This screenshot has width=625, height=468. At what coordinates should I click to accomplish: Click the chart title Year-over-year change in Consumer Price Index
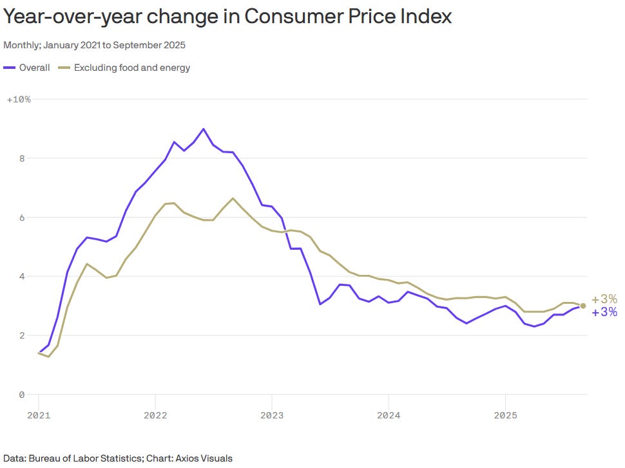click(227, 17)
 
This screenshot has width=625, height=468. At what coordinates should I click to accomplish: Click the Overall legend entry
click(27, 68)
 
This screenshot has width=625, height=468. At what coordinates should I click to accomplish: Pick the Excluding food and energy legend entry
click(124, 68)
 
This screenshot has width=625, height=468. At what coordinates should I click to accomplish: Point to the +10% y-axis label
click(19, 99)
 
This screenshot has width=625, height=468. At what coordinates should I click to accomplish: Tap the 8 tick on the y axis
click(21, 158)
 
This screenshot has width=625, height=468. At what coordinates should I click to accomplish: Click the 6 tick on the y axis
click(21, 218)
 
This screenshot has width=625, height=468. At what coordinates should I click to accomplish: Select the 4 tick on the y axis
click(21, 277)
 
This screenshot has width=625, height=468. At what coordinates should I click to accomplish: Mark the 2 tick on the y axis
click(21, 336)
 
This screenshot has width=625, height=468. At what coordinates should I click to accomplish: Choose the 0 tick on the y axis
click(21, 395)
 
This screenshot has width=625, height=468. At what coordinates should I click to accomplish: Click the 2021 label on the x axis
click(39, 415)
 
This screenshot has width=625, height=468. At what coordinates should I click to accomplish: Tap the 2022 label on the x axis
click(155, 415)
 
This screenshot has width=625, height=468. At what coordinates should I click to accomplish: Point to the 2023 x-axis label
click(272, 415)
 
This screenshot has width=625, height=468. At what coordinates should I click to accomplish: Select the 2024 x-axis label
click(389, 415)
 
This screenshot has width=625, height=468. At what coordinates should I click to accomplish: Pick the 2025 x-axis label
click(505, 415)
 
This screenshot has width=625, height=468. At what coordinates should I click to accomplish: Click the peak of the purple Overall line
click(204, 129)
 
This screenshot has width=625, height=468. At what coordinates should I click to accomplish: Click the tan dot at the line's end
click(583, 306)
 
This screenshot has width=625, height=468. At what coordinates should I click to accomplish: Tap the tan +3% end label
click(604, 299)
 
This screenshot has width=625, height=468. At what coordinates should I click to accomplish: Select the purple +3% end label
click(604, 313)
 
